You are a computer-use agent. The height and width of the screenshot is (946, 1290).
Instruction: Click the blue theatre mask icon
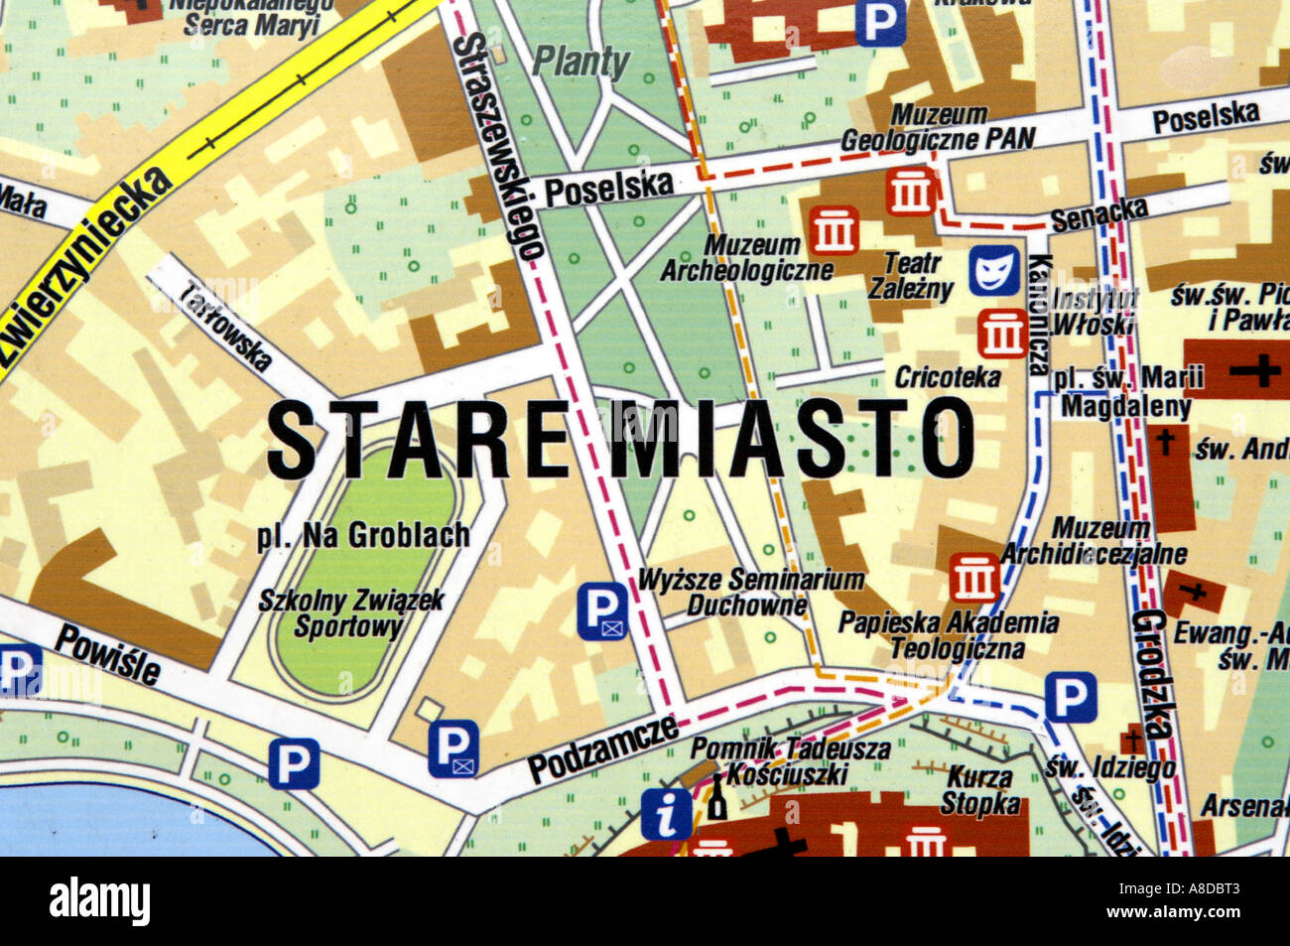[994, 271]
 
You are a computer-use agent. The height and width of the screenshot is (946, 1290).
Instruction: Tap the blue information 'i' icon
[667, 815]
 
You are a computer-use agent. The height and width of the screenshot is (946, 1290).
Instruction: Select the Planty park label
[581, 62]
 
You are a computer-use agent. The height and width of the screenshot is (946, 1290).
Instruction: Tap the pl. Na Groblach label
[363, 537]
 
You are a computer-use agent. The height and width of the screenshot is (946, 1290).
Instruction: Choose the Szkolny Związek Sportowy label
[351, 613]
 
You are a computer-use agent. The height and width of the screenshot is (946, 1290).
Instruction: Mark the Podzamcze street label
[601, 747]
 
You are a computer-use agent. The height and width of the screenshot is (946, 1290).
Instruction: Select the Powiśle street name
[107, 655]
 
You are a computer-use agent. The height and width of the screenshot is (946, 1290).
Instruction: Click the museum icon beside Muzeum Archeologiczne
[834, 230]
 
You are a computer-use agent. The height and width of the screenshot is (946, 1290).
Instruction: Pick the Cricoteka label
[948, 377]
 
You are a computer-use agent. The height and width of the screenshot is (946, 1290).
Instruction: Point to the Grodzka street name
[1154, 674]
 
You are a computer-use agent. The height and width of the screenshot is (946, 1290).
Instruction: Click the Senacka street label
[1098, 213]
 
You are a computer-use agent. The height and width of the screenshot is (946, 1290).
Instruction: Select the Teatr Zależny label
[910, 276]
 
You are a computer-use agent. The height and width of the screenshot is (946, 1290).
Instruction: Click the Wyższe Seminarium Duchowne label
[751, 592]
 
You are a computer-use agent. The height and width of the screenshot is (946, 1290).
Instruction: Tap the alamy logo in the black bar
[100, 901]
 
